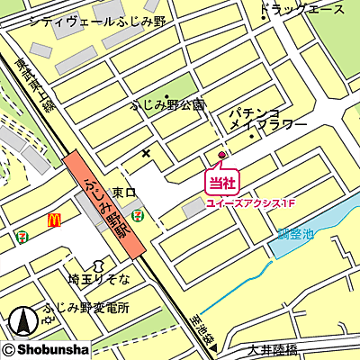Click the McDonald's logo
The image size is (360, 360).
point(53,219)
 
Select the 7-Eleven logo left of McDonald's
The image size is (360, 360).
point(21,235)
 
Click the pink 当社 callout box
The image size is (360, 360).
point(221,183)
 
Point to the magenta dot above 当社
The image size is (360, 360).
point(222,154)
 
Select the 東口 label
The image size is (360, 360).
point(123,193)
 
